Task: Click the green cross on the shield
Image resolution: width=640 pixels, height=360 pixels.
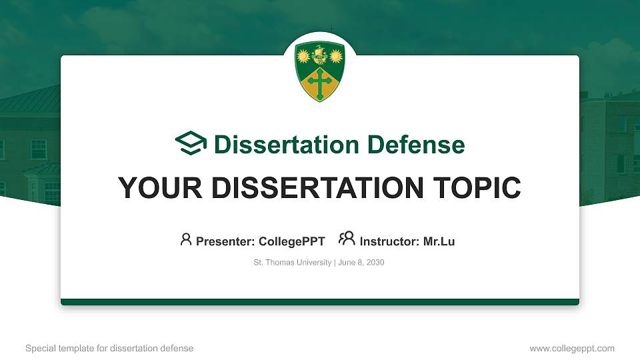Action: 320,84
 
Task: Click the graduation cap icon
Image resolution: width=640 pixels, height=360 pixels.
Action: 191,143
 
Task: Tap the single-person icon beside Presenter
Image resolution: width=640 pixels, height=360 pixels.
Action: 186,239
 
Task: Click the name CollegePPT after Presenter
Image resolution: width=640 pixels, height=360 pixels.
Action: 291,241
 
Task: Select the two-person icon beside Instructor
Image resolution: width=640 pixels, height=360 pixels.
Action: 347,239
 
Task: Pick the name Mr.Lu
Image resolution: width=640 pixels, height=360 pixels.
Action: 439,241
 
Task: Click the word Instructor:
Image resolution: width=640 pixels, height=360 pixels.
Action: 389,241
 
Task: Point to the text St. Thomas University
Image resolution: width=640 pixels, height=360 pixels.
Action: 292,263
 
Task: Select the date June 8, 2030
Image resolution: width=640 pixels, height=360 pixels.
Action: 361,263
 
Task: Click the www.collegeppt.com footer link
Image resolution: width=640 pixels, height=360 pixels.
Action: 571,348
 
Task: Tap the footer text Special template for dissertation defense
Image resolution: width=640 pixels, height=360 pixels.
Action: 109,348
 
